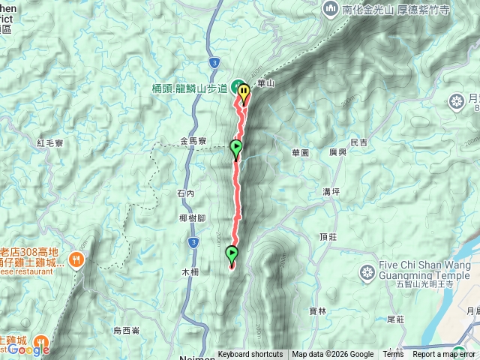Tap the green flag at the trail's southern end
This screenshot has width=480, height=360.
click(232, 256)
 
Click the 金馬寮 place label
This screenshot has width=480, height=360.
click(193, 141)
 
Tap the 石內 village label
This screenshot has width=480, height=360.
click(186, 193)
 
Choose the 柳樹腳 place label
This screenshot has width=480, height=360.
click(193, 218)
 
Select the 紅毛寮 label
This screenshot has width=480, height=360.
click(51, 142)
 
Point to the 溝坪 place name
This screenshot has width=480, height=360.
click(331, 192)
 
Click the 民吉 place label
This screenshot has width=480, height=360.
click(358, 142)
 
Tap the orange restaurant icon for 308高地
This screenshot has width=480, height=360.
click(76, 259)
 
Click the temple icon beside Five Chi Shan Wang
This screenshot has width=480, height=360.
click(367, 271)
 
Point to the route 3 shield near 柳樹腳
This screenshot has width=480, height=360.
click(193, 242)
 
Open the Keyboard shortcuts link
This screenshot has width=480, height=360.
click(250, 355)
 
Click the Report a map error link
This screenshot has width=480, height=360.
click(444, 355)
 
